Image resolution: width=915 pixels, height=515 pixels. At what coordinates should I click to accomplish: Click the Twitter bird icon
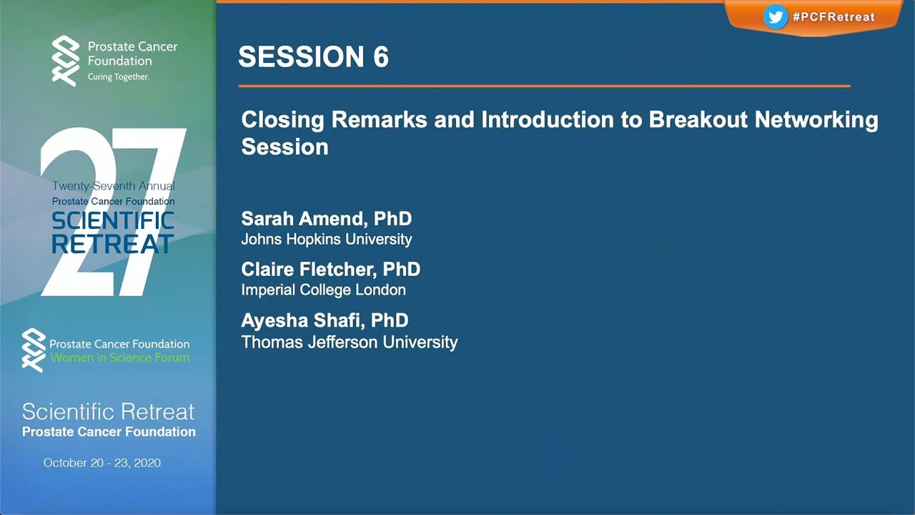[x=775, y=17]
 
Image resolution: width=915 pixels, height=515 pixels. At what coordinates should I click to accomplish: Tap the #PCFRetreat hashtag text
[x=834, y=17]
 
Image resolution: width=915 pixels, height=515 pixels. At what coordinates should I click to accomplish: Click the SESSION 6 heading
[x=313, y=57]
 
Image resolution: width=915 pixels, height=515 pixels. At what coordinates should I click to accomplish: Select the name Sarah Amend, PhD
[x=326, y=219]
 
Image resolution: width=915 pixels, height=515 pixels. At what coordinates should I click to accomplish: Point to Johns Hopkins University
[x=326, y=240]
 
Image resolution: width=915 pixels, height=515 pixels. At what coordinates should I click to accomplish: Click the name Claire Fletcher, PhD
[x=330, y=270]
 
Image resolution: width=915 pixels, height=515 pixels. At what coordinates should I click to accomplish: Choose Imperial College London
[x=323, y=290]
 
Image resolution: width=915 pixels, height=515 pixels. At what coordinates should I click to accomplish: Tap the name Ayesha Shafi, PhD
[x=325, y=320]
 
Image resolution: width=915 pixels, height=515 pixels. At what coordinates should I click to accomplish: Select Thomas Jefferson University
[x=349, y=343]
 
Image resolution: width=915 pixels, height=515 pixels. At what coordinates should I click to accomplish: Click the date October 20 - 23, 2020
[x=102, y=463]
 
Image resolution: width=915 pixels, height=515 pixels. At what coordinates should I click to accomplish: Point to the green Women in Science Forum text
[x=119, y=358]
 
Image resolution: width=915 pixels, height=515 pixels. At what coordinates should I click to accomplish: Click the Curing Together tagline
[x=118, y=77]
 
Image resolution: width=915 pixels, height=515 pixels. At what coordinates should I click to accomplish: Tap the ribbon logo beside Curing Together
[x=66, y=61]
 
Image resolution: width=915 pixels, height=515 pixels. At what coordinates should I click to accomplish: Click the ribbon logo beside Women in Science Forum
[x=33, y=350]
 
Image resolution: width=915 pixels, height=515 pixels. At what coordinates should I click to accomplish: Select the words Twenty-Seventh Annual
[x=113, y=186]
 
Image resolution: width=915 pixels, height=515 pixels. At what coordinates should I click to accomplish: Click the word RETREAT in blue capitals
[x=112, y=245]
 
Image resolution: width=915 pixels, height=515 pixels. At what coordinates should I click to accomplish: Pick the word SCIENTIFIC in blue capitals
[x=112, y=221]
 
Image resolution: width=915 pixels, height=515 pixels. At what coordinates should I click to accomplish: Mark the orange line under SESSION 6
[x=543, y=86]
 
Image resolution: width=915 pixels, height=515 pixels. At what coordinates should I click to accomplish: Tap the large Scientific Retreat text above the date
[x=108, y=412]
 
